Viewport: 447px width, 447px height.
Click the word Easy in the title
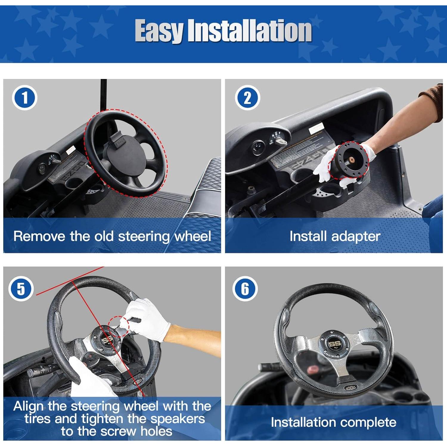pyautogui.click(x=159, y=31)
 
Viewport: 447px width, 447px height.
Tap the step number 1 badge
pyautogui.click(x=24, y=98)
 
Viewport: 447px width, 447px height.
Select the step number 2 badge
pyautogui.click(x=247, y=98)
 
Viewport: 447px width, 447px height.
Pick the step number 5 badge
pyautogui.click(x=21, y=289)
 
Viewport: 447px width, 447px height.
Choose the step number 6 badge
pyautogui.click(x=245, y=289)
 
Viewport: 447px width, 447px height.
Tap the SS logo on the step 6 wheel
pyautogui.click(x=334, y=344)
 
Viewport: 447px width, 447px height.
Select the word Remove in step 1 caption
pyautogui.click(x=39, y=236)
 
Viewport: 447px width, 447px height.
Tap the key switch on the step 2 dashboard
pyautogui.click(x=280, y=141)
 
